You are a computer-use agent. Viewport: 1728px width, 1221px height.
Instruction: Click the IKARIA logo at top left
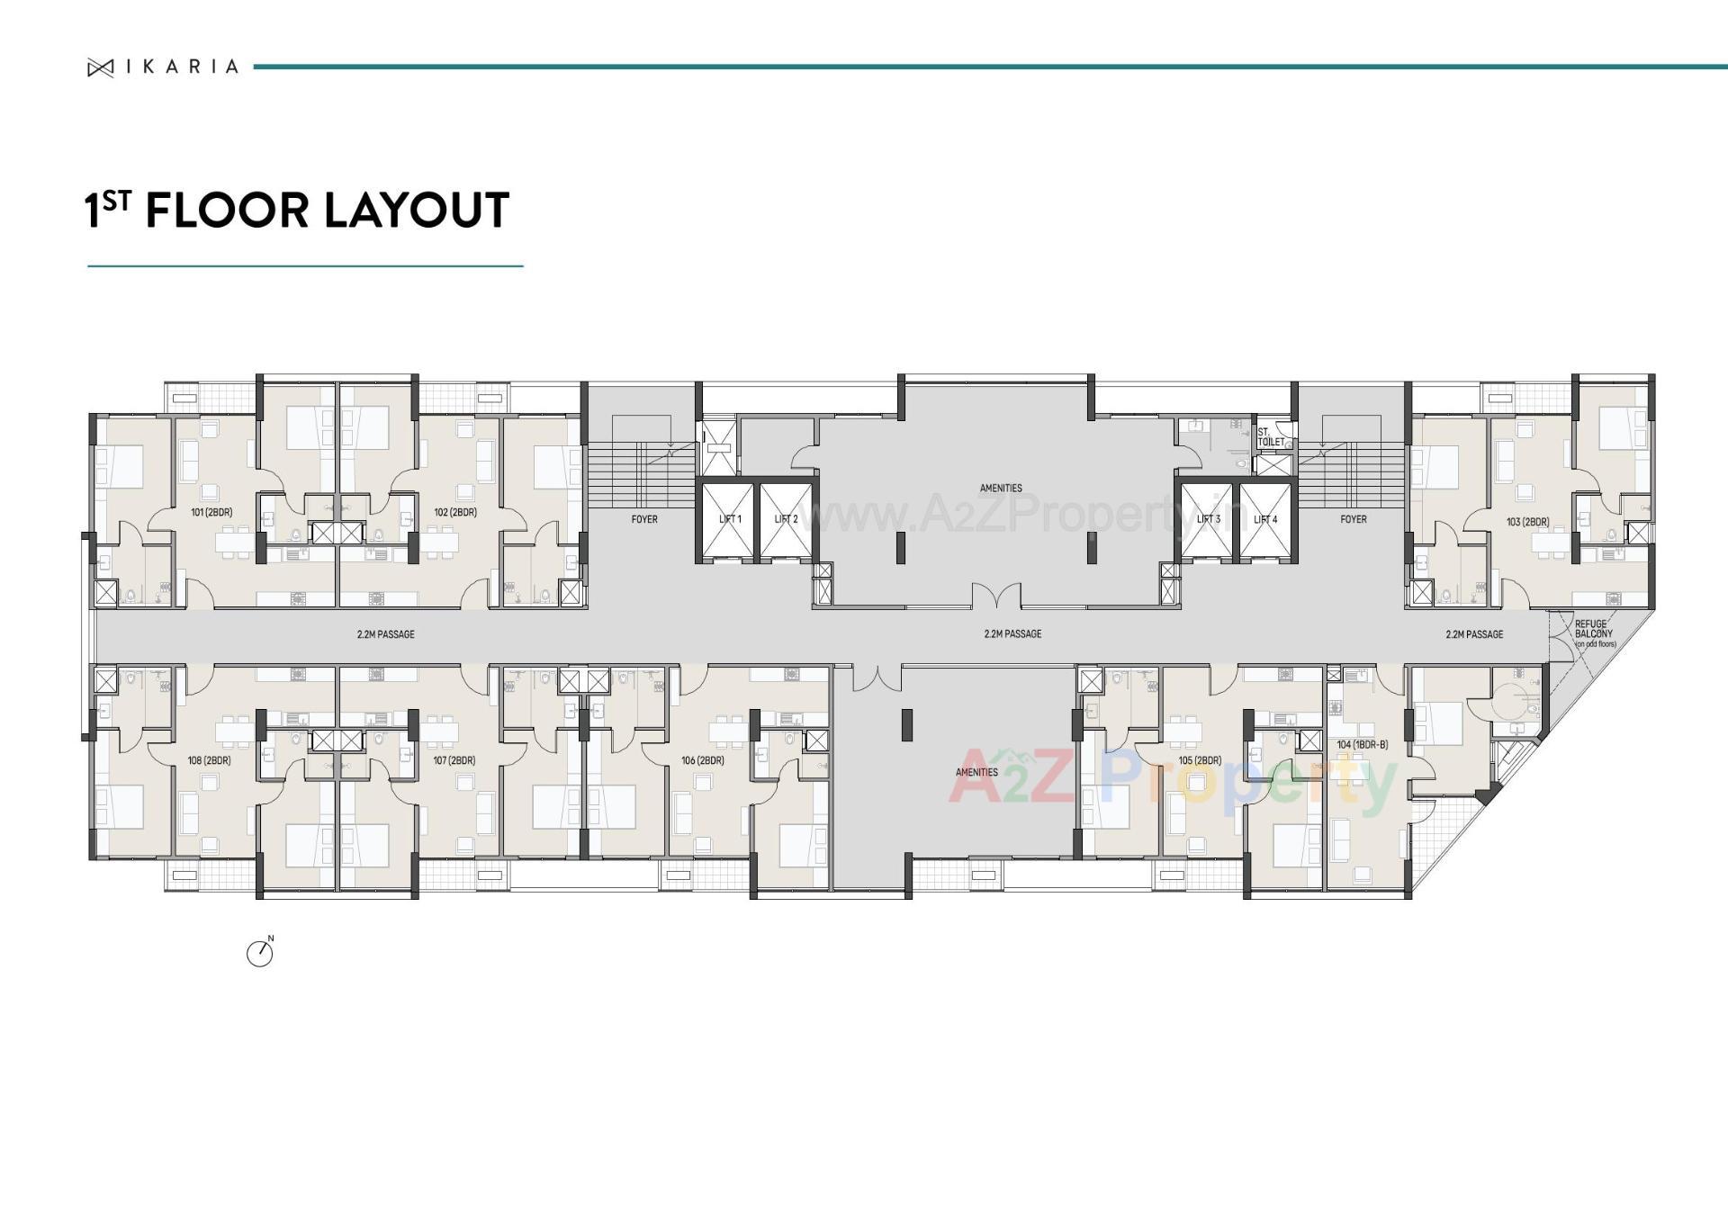tap(163, 67)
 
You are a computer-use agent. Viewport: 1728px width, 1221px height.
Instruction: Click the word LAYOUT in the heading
tap(416, 211)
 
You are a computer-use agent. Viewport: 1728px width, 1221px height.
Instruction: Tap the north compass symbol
tap(260, 952)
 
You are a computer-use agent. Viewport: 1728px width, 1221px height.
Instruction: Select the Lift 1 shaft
tap(728, 520)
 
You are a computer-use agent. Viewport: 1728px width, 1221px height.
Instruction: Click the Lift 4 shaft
tap(1264, 520)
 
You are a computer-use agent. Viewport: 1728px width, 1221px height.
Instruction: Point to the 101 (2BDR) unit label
tap(211, 513)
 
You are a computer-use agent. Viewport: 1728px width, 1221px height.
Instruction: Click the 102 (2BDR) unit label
tap(455, 513)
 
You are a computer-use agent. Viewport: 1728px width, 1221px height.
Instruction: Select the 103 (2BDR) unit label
tap(1527, 522)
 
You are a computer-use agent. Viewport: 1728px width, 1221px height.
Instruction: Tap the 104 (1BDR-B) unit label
tap(1362, 745)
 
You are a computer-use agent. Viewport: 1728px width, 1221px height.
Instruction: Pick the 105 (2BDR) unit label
tap(1199, 761)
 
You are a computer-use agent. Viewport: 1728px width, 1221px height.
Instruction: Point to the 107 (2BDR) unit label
tap(454, 761)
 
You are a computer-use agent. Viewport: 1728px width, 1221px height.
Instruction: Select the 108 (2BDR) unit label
tap(209, 761)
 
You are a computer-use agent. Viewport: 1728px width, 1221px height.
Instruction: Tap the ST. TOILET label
tap(1271, 437)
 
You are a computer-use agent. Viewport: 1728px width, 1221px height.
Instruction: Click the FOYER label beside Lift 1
tap(644, 520)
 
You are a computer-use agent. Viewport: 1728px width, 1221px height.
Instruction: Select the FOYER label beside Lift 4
tap(1353, 520)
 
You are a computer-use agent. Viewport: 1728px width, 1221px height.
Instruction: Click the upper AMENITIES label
tap(1001, 489)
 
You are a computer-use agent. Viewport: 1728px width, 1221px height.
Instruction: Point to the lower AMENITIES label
tap(976, 773)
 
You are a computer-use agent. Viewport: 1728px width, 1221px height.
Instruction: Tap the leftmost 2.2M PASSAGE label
tap(385, 635)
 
